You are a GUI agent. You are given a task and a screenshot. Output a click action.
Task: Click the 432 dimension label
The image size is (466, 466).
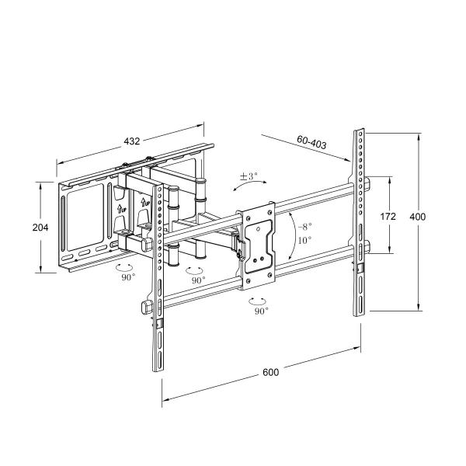pyautogui.click(x=132, y=141)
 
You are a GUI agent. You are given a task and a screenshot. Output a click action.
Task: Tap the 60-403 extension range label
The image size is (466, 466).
pyautogui.click(x=311, y=142)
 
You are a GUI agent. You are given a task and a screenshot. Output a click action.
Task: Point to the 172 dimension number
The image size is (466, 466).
pyautogui.click(x=388, y=217)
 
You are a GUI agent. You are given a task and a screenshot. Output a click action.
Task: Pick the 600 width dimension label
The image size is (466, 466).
pyautogui.click(x=270, y=372)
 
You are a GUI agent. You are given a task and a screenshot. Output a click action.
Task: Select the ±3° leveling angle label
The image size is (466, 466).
pyautogui.click(x=249, y=176)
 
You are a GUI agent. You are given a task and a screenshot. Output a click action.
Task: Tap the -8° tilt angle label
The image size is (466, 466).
pyautogui.click(x=304, y=226)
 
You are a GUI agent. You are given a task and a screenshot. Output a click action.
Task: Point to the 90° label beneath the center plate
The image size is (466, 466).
pyautogui.click(x=261, y=311)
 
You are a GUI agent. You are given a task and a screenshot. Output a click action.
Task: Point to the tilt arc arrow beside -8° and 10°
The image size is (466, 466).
pyautogui.click(x=290, y=233)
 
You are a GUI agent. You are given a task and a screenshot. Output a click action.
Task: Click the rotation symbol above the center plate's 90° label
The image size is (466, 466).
pyautogui.click(x=259, y=299)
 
